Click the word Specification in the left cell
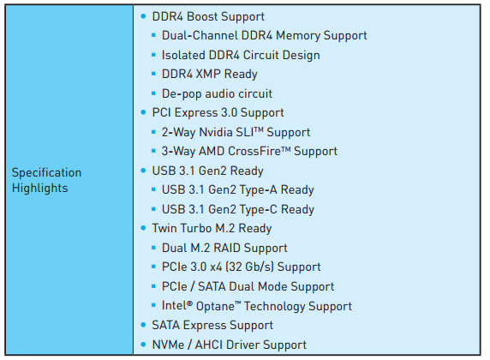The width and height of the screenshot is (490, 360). tap(46, 173)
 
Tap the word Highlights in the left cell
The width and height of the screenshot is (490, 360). tap(39, 189)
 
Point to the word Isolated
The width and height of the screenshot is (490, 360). tap(183, 55)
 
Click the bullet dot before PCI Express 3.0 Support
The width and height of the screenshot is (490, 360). tap(143, 112)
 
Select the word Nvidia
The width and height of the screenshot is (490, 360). tap(216, 132)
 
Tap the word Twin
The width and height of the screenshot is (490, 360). tap(164, 228)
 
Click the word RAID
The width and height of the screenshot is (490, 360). tap(227, 248)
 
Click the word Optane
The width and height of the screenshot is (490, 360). tap(215, 306)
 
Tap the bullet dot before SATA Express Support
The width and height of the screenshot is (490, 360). tap(143, 325)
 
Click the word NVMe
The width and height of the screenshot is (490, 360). tap(168, 345)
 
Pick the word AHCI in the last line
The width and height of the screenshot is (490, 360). tap(209, 345)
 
